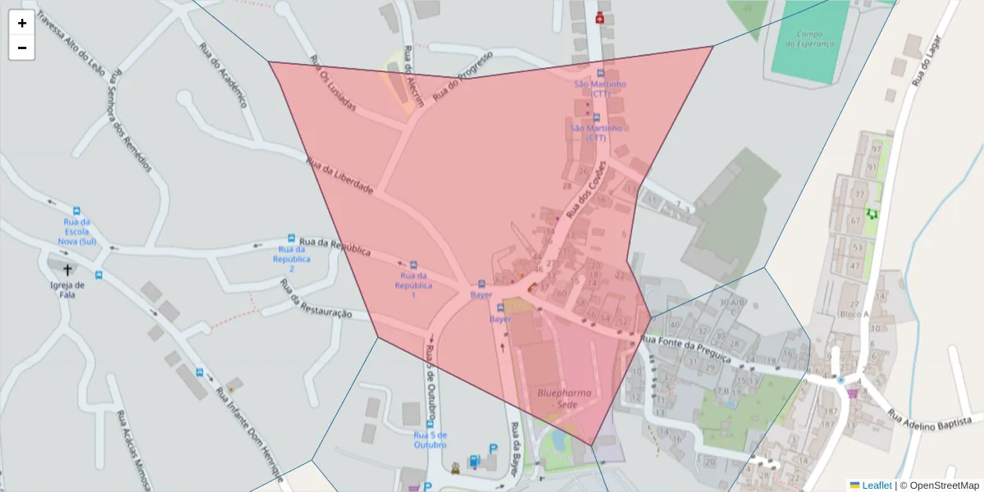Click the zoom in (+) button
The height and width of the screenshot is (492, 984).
22,23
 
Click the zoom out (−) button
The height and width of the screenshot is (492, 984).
22,48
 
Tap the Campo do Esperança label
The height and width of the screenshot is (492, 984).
809,39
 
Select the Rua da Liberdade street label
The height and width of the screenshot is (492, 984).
339,175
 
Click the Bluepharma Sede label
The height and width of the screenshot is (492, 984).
564,399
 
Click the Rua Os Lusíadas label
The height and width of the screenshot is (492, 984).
336,91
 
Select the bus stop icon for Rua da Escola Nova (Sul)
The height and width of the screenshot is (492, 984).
77,211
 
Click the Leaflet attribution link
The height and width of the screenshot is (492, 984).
877,485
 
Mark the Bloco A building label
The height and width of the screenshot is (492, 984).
854,313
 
